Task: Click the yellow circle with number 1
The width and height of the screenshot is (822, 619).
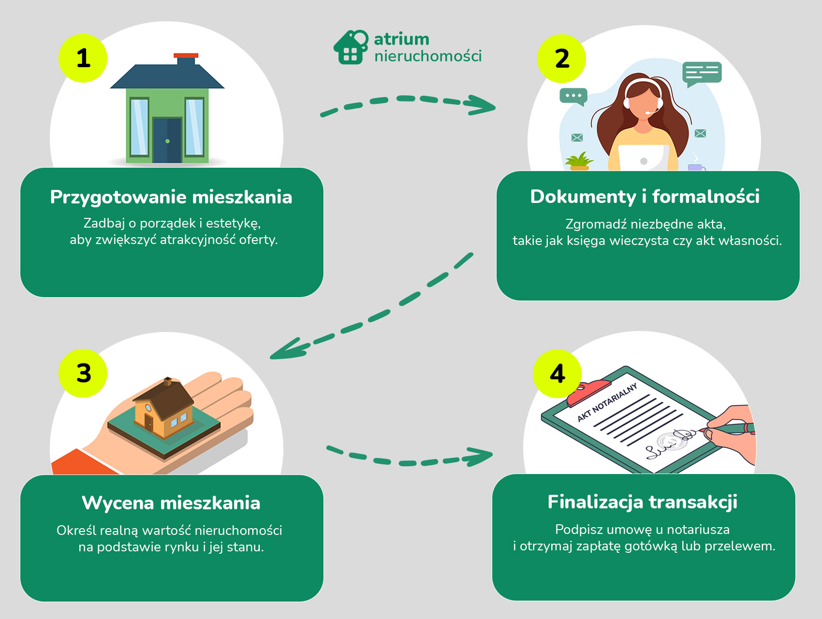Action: [83, 58]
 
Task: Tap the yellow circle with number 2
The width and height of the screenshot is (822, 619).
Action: [561, 58]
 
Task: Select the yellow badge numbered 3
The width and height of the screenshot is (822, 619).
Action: [83, 373]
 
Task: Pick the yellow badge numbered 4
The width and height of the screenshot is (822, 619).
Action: [557, 374]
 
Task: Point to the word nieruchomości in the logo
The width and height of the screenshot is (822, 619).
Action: [428, 56]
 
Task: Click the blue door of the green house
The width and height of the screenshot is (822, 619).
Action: [167, 140]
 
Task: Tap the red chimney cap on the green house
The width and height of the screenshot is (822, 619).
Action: [186, 56]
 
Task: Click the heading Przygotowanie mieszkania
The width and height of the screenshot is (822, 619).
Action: [171, 197]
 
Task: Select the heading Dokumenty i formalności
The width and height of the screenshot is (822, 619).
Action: [645, 197]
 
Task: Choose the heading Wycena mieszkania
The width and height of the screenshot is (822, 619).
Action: [171, 503]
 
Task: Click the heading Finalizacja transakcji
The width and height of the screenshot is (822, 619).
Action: [642, 502]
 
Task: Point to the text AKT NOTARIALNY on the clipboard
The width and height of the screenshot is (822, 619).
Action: [607, 403]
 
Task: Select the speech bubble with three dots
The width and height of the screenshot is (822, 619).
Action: [573, 96]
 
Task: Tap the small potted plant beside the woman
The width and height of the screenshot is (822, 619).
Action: [579, 161]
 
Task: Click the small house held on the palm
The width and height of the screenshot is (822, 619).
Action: [164, 408]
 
